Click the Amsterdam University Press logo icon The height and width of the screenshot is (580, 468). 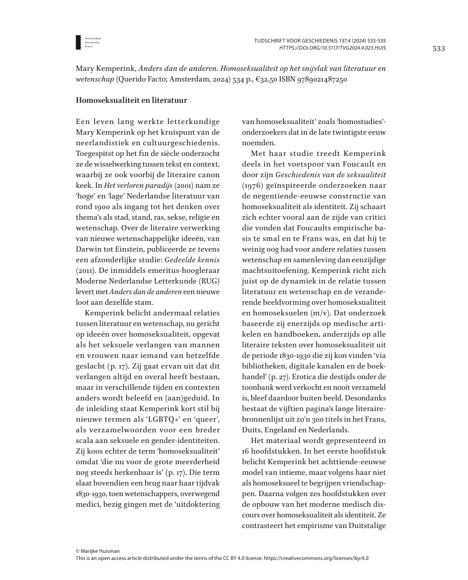(x=78, y=41)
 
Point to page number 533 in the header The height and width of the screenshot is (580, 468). (x=438, y=48)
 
